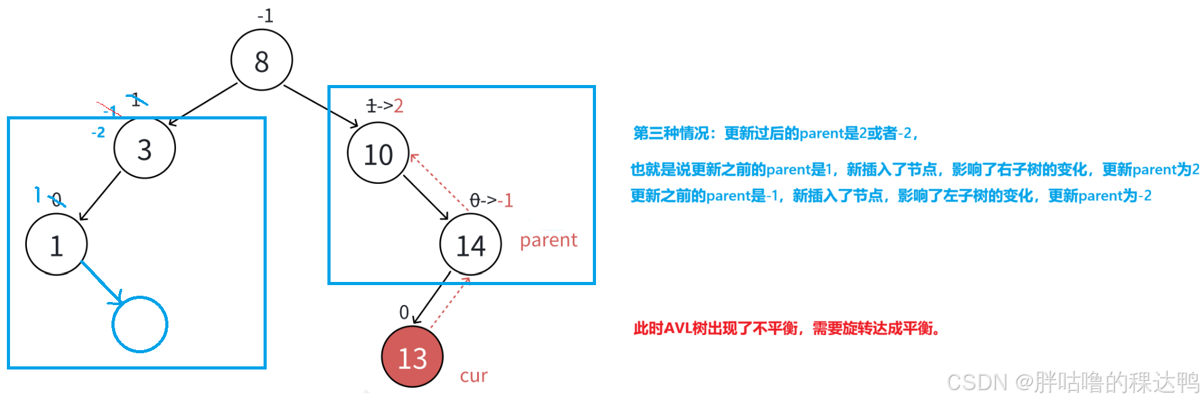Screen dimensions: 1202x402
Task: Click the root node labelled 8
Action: (x=262, y=61)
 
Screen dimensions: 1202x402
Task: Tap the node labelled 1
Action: (x=56, y=244)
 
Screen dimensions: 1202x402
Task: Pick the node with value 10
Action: (x=378, y=154)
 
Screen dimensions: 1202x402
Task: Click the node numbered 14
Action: (x=471, y=244)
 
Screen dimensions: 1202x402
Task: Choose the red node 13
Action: (x=413, y=357)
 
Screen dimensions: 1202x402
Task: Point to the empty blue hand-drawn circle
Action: (x=140, y=324)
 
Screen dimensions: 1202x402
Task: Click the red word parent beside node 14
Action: (x=548, y=240)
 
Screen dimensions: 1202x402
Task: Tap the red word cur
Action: (x=473, y=376)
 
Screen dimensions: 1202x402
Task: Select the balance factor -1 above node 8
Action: (x=265, y=16)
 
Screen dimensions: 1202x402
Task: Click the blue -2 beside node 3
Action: (x=98, y=133)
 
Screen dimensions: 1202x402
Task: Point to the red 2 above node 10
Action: (x=399, y=106)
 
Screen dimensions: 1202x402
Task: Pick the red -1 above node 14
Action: (x=505, y=201)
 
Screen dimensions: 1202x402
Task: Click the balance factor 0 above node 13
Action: (x=404, y=312)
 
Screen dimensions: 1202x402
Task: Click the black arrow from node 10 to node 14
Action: (x=426, y=198)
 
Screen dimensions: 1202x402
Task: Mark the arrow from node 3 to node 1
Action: (x=100, y=196)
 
